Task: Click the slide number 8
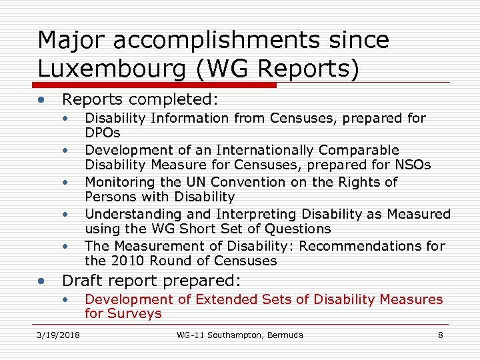[440, 335]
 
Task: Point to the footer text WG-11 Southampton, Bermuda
[240, 335]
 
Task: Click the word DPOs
[103, 133]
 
